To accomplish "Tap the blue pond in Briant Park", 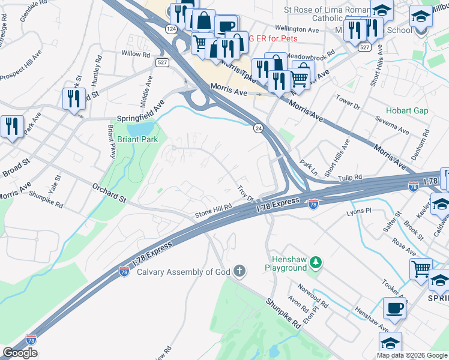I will [139, 128].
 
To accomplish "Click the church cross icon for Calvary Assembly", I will [240, 272].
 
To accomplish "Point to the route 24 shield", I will [258, 128].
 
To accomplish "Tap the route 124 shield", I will [171, 29].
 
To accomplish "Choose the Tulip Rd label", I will [350, 178].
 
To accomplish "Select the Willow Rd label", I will [136, 54].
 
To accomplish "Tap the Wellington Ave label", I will [297, 29].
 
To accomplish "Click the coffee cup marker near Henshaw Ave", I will [394, 309].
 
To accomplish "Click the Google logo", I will [20, 353].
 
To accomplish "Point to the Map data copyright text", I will [412, 355].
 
